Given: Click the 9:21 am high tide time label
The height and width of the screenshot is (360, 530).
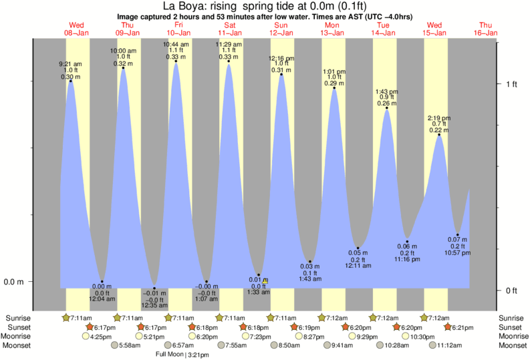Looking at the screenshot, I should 70,64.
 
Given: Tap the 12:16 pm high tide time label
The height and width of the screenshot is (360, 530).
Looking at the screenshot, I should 281,58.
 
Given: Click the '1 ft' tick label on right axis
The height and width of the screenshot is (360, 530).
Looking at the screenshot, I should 512,83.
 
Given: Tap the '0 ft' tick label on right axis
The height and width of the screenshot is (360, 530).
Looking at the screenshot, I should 512,290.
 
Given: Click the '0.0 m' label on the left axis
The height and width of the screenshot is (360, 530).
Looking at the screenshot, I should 15,281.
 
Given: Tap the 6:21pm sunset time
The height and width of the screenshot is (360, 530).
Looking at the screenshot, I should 463,327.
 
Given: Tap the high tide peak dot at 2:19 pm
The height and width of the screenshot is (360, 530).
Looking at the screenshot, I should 439,136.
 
